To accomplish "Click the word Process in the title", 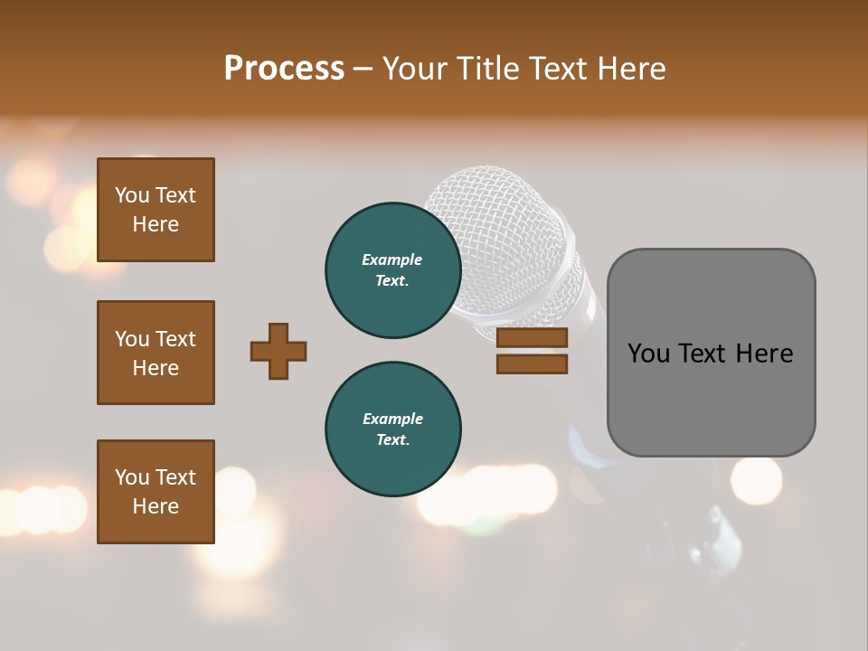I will point(284,68).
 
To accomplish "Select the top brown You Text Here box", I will point(156,210).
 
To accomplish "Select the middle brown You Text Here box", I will point(156,353).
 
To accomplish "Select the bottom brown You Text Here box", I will point(156,492).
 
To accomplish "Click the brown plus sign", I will point(278,351).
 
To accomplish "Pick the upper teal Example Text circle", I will point(393,269).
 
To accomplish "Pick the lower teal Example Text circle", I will point(393,429).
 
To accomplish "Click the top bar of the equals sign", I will point(532,338).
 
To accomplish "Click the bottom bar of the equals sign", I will point(532,364).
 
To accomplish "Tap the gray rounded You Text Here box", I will point(711,353).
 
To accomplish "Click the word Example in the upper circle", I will point(392,259).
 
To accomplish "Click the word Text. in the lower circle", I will point(392,440).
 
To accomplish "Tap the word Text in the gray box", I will point(711,354).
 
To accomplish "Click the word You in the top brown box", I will point(132,195).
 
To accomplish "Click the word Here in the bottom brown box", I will point(156,506).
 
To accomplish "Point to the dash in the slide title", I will point(363,69).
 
